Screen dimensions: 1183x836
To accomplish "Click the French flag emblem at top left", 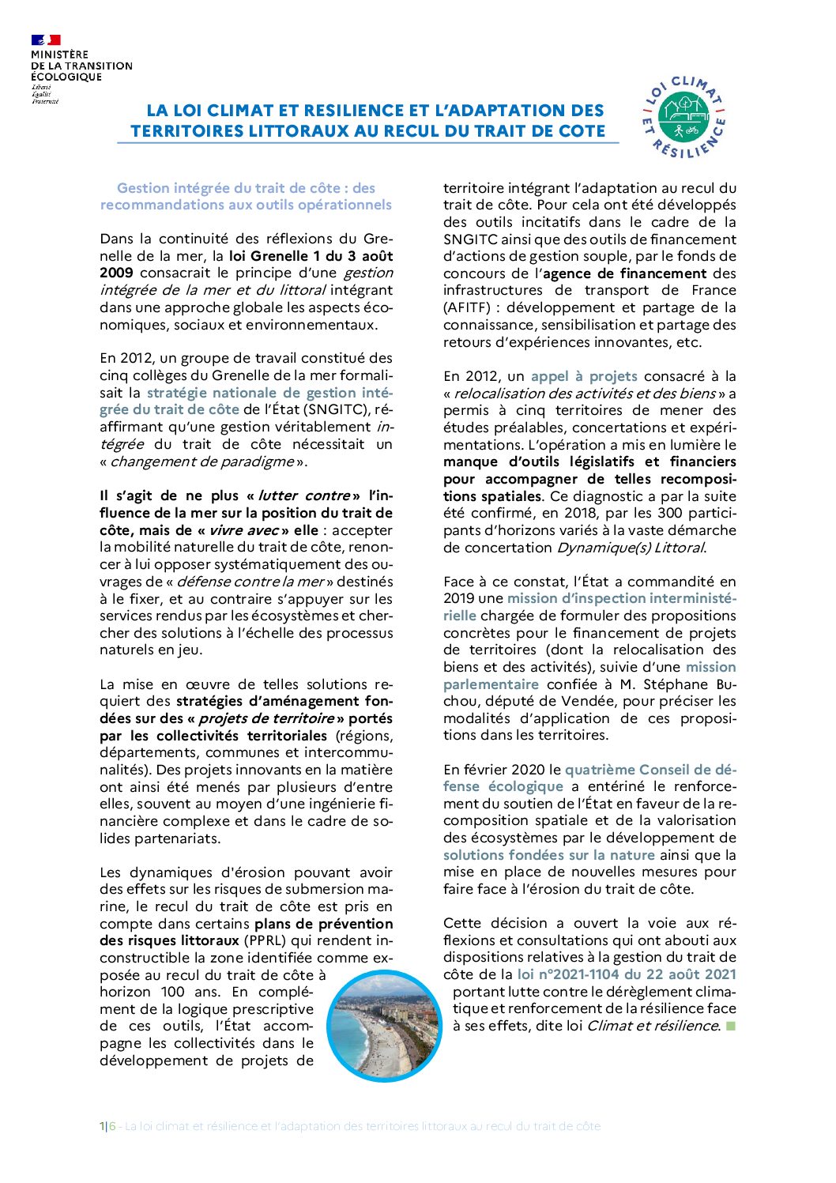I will click(x=46, y=40).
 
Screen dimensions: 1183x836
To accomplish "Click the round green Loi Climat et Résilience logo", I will click(x=684, y=118).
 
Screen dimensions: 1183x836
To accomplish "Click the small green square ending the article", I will click(x=730, y=1026).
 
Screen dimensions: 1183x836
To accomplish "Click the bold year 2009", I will click(x=116, y=273).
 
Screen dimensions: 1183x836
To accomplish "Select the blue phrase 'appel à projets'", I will click(x=584, y=376).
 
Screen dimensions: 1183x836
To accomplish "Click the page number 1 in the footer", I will click(x=102, y=1126).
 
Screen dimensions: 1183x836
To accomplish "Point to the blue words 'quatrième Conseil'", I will click(x=621, y=770).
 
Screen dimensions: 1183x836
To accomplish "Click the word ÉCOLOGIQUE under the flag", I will click(x=66, y=77).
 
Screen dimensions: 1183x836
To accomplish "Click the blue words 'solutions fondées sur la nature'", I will click(x=549, y=855).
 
